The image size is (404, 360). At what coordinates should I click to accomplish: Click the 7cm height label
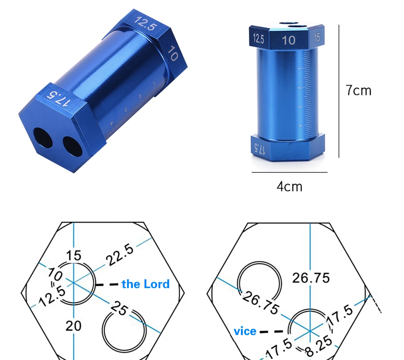click(359, 90)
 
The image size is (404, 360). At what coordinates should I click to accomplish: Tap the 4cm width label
click(289, 186)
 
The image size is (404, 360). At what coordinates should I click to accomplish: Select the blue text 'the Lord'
click(145, 284)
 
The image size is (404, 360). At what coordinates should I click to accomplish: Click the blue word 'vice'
click(245, 331)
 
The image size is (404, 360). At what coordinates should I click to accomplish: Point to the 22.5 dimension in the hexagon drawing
click(120, 254)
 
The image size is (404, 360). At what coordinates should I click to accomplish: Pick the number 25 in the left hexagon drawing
click(119, 309)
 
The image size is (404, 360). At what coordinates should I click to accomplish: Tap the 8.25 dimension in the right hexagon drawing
click(318, 342)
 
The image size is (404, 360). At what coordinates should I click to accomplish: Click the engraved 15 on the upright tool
click(317, 38)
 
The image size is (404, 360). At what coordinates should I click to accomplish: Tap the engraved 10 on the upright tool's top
click(289, 40)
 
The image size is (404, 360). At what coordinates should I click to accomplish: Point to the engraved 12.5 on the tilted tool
click(145, 23)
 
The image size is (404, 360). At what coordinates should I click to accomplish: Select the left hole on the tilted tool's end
click(43, 138)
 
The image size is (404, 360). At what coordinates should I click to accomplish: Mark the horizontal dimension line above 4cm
click(289, 172)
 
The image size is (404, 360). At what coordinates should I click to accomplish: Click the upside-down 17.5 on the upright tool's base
click(259, 148)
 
